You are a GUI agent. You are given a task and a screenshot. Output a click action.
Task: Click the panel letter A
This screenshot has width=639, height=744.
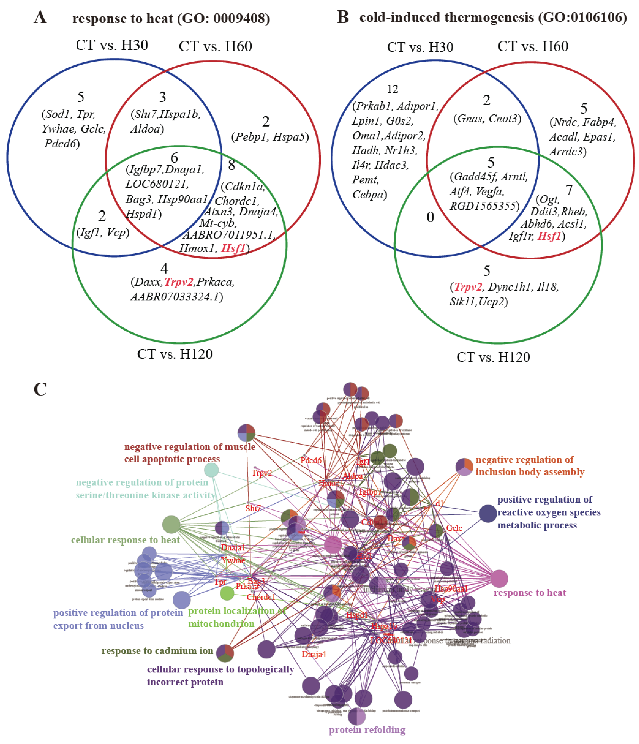(40, 17)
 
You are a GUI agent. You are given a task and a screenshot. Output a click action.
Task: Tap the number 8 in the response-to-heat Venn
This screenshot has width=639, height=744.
(232, 165)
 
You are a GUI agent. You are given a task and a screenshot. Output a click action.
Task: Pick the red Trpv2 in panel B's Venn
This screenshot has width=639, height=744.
(468, 287)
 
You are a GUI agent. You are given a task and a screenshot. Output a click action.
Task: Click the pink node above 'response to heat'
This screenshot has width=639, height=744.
(499, 579)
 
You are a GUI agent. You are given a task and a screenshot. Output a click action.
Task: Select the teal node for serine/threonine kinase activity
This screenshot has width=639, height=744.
(211, 470)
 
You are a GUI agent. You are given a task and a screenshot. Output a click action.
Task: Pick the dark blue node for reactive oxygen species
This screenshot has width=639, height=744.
(488, 513)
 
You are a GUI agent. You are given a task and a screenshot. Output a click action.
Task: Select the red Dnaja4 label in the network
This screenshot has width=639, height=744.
(314, 654)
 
